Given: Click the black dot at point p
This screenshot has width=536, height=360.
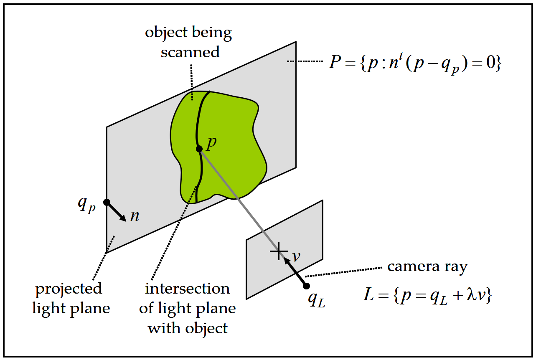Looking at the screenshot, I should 199,149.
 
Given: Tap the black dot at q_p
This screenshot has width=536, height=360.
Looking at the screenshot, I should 107,202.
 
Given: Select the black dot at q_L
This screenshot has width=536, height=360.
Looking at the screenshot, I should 306,286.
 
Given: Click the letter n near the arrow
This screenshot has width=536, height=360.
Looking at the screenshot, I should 135,216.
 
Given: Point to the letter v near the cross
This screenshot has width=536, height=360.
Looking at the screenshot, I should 296,256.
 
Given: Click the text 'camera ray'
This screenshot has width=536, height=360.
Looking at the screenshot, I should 427,266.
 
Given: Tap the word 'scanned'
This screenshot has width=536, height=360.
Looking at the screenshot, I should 190,52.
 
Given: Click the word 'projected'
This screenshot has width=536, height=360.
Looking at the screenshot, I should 69,289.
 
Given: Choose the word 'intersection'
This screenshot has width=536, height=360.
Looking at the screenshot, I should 187,289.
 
